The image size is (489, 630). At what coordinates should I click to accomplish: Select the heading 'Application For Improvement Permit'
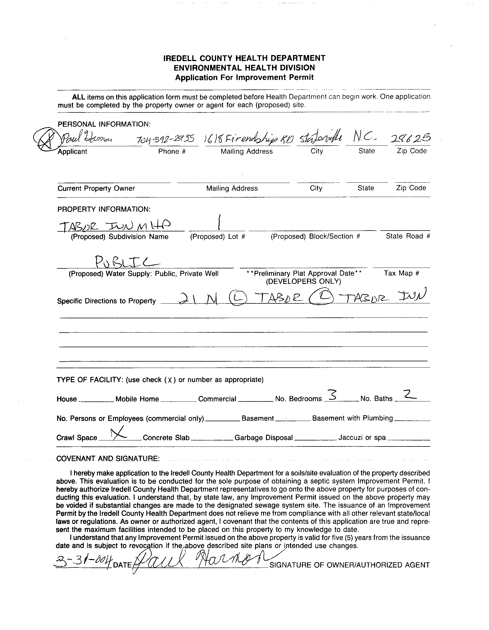(244, 78)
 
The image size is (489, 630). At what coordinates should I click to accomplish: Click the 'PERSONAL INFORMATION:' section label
(104, 124)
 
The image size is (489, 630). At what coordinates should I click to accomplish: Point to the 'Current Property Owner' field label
(96, 188)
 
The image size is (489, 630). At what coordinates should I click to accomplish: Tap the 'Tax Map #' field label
(401, 273)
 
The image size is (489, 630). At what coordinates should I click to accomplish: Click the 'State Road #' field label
(408, 236)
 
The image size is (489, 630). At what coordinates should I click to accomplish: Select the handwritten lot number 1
(219, 222)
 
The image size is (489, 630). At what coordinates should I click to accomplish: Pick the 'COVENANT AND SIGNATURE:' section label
(108, 459)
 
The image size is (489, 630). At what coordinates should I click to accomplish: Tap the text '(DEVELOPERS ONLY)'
(303, 281)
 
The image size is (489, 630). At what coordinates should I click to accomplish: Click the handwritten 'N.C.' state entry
(365, 139)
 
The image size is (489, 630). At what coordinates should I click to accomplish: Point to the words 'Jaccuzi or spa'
(362, 438)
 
